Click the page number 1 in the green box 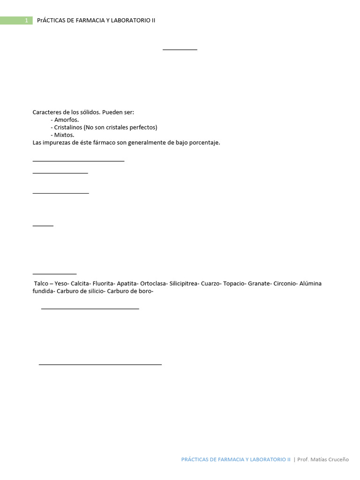click(27, 21)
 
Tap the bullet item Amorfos click(66, 120)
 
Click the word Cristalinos click(67, 127)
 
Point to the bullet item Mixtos click(64, 135)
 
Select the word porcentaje click(205, 142)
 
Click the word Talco click(41, 284)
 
